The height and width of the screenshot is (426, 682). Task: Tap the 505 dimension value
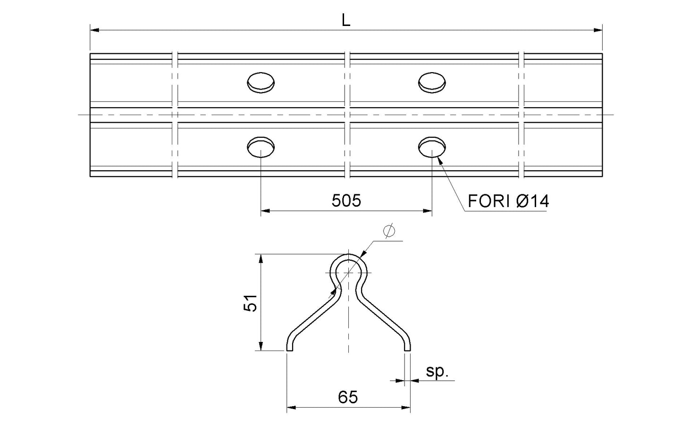(x=346, y=201)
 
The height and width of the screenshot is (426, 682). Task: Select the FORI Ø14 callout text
(x=508, y=202)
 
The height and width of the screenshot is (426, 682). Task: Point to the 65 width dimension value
(x=348, y=397)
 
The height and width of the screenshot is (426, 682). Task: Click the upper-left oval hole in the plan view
(x=261, y=82)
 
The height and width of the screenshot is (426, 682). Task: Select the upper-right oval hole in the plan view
(x=432, y=82)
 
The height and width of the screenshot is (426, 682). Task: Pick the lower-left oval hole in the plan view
(x=261, y=147)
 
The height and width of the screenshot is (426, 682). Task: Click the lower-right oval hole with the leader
(x=432, y=147)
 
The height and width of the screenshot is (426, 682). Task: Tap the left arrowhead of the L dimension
(x=94, y=30)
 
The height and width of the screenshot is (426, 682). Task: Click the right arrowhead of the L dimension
(x=598, y=30)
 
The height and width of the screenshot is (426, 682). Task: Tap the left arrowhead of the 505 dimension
(x=265, y=211)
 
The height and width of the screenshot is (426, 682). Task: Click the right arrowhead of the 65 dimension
(x=406, y=407)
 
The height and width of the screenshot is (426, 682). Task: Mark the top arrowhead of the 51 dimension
(x=260, y=258)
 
